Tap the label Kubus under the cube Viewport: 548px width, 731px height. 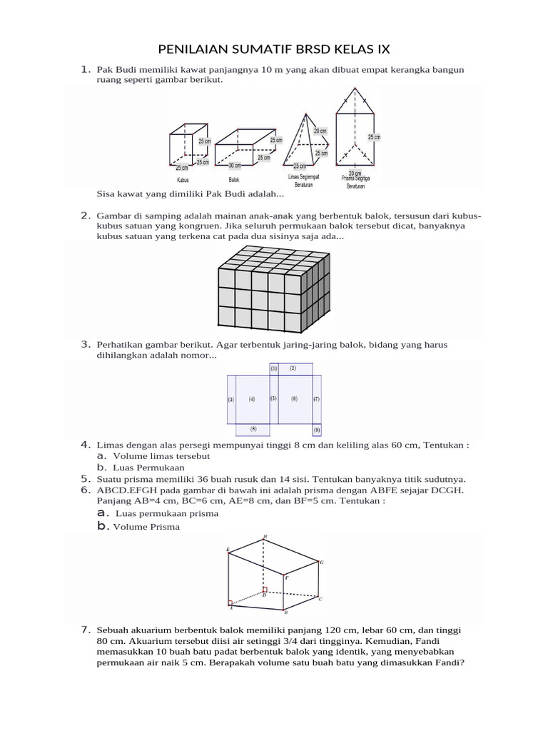point(183,180)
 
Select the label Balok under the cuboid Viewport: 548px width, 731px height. point(234,180)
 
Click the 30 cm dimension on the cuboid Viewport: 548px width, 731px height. point(224,165)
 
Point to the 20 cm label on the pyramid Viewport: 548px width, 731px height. point(320,131)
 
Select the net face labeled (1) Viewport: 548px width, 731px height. point(273,368)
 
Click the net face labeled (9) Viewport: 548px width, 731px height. point(316,430)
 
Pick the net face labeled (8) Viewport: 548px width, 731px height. point(253,429)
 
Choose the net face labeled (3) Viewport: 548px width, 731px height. point(231,400)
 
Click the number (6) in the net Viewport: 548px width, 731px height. point(294,399)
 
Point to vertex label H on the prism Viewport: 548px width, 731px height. point(265,535)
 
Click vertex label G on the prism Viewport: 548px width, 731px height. point(322,563)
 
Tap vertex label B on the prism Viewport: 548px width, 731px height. point(285,612)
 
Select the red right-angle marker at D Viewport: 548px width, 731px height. point(265,590)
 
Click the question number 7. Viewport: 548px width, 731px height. point(85,630)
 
